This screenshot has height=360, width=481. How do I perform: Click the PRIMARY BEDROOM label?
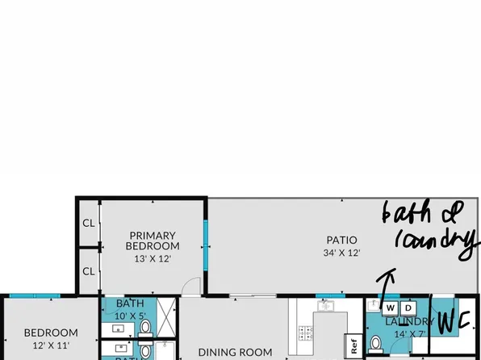152,241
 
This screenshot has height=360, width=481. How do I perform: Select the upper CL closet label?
88,224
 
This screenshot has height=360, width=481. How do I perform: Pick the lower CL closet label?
88,270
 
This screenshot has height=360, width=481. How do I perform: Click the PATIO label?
341,240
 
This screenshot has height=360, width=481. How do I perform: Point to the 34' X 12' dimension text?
341,253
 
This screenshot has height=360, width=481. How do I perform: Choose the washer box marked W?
390,308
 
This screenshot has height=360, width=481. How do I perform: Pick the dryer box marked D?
408,308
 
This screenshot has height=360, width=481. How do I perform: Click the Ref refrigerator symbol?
353,345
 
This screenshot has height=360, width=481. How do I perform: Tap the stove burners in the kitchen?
307,331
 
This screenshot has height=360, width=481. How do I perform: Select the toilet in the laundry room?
374,343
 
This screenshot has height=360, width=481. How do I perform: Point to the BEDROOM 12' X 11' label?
50,338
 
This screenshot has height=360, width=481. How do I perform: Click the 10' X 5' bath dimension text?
130,316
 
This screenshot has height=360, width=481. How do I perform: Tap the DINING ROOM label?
235,352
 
